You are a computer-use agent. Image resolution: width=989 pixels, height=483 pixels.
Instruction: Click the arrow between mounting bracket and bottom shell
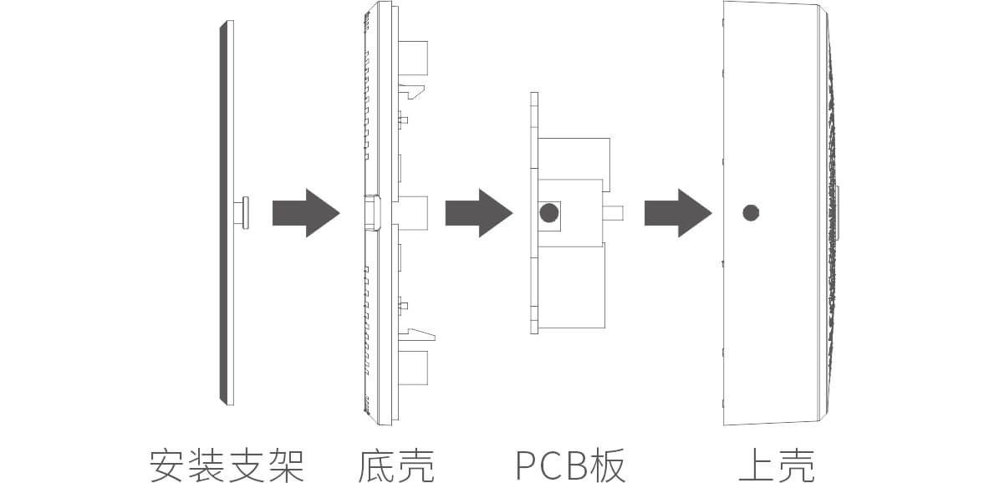(x=305, y=213)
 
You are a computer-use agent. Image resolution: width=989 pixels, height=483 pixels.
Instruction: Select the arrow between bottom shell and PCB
(x=477, y=213)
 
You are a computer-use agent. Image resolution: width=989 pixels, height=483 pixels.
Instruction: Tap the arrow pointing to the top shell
(x=676, y=213)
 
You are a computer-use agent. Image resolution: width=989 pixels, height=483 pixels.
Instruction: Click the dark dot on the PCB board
(x=548, y=212)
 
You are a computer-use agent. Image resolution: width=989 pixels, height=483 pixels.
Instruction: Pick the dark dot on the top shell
(x=751, y=212)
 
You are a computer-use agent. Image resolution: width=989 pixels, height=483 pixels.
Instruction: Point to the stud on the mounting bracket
(x=243, y=212)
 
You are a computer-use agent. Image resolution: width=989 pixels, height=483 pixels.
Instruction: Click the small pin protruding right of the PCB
(x=614, y=212)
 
